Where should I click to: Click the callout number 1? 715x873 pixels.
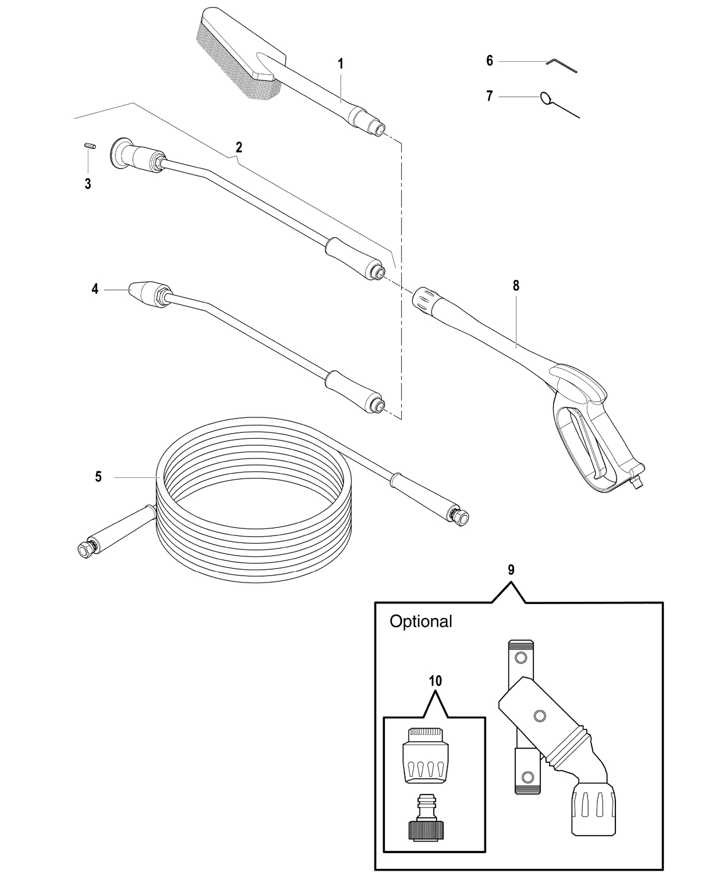click(341, 64)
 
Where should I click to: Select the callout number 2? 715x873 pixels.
click(239, 147)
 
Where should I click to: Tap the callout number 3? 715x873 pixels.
click(88, 184)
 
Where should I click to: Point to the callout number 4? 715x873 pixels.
click(95, 289)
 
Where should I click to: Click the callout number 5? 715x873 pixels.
click(98, 477)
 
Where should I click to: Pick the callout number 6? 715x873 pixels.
click(490, 61)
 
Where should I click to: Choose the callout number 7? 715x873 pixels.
click(490, 96)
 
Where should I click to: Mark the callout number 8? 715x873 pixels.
click(516, 286)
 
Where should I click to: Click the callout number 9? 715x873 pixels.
click(511, 570)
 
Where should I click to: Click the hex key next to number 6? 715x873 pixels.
click(561, 66)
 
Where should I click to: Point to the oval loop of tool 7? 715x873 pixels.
click(546, 98)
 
